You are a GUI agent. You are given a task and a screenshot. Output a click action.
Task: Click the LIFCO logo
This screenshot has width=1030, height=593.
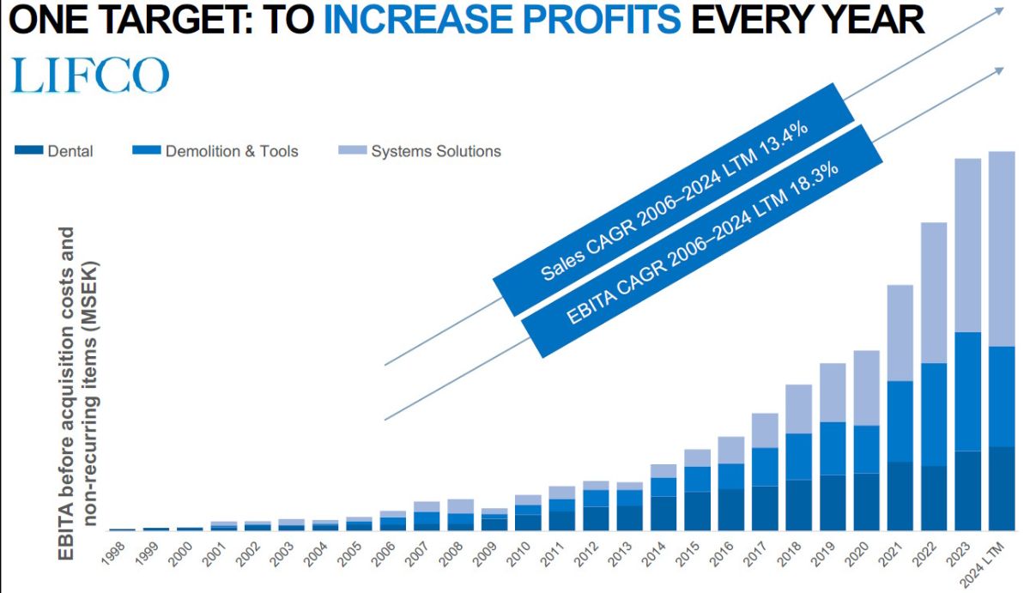coord(89,75)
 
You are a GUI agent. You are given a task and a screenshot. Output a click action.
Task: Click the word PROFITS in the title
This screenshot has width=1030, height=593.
coord(602,21)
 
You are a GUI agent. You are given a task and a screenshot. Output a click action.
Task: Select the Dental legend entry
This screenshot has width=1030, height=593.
coord(54,151)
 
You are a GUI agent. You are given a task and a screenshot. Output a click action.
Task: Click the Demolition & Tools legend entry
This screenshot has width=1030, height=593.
coord(215,151)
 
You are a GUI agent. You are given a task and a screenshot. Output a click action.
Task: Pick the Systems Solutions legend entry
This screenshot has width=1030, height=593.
coord(420,151)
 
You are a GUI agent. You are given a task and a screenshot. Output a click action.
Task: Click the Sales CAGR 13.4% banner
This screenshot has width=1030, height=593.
coord(674,200)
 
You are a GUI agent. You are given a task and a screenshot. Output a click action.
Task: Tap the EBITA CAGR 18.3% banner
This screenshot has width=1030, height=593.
coord(702,241)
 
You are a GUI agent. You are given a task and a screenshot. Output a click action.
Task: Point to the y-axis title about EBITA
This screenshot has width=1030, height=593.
coord(78,393)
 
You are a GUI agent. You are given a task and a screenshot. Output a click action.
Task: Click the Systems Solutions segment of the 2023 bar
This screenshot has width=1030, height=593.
coord(968,245)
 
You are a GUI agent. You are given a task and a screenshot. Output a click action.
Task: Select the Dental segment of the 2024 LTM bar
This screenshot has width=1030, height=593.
coord(1002,488)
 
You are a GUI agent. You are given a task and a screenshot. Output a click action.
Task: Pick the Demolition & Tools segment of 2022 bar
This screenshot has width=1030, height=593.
coord(934,414)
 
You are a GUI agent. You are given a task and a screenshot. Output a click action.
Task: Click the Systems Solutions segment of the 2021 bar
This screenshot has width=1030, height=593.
coord(900,333)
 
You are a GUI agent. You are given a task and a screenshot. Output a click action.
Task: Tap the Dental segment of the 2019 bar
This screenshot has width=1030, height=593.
coord(833,503)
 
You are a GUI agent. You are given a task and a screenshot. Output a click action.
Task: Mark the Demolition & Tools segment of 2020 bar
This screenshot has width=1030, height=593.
coord(867,450)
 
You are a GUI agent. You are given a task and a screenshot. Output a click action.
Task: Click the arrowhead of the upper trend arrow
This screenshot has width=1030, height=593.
coord(999,10)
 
